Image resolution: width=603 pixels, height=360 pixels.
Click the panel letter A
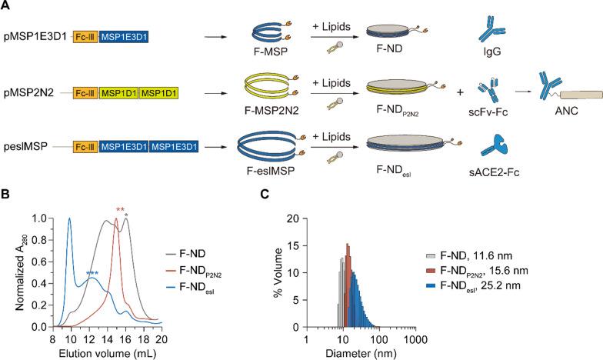pos(5,7)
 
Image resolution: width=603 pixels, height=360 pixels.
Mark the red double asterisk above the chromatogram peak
pos(120,211)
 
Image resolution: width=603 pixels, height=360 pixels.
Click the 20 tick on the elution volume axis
pos(161,336)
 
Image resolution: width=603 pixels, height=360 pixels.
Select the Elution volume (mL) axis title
pos(107,350)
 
